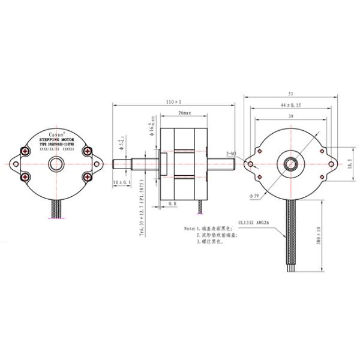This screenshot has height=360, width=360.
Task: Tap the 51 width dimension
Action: (x=292, y=94)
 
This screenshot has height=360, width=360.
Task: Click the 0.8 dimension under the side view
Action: (x=172, y=204)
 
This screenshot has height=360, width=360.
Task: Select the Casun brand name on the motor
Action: (x=56, y=130)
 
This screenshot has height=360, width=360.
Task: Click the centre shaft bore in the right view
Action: (x=292, y=163)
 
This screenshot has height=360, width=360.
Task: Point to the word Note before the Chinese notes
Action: (x=190, y=229)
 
